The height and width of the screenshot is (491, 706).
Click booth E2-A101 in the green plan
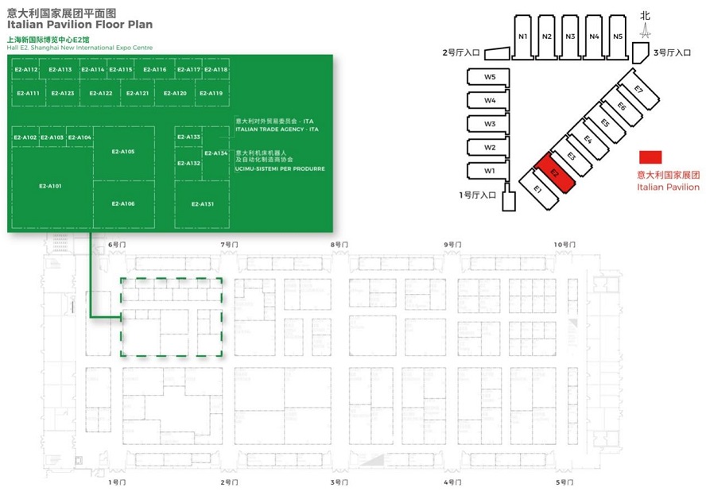(x=50, y=186)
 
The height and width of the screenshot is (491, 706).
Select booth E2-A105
(x=123, y=152)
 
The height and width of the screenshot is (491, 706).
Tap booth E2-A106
(x=123, y=204)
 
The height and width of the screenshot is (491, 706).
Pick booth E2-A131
(x=202, y=204)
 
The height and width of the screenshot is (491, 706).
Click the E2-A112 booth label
(x=26, y=70)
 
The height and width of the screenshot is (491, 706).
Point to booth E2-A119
(x=211, y=93)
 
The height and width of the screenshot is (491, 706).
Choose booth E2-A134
(x=215, y=153)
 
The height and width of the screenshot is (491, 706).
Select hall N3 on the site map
(x=571, y=37)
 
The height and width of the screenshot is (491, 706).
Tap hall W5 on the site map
(x=491, y=76)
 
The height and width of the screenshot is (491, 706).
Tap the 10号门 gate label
(x=564, y=245)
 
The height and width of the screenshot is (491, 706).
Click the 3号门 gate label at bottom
(x=339, y=482)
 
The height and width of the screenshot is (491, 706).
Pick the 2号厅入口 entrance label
(x=461, y=53)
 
